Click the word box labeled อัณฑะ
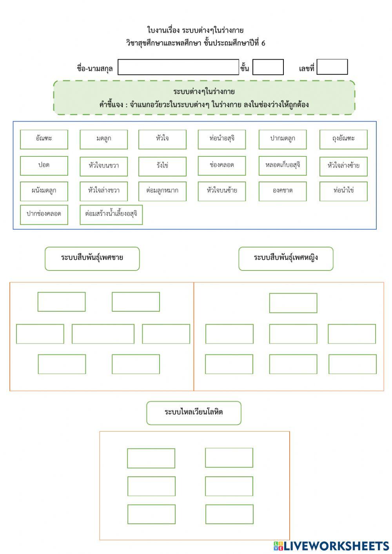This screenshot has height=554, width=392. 44,139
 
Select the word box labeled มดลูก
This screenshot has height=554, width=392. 103,139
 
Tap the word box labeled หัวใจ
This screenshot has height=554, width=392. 162,139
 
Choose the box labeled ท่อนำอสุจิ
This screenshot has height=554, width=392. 222,139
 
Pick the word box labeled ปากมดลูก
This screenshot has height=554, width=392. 283,139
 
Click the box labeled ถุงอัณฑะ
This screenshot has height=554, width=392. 343,139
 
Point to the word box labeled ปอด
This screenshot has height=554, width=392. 44,165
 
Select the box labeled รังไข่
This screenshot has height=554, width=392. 162,165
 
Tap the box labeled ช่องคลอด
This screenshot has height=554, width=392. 222,165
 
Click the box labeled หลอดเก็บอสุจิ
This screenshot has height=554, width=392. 283,165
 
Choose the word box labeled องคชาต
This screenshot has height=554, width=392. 283,191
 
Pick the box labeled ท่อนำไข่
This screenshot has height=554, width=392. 343,191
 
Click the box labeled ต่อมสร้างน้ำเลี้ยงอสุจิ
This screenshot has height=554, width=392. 111,214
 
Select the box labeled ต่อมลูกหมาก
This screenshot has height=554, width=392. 162,191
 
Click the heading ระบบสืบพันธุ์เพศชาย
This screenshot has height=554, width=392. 92,258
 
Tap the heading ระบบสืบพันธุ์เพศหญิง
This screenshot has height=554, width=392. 286,258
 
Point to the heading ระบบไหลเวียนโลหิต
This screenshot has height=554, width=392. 194,412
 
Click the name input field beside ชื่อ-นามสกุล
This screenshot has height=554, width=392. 178,67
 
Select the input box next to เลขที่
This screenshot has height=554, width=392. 332,67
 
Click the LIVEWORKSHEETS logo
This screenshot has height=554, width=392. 331,546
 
